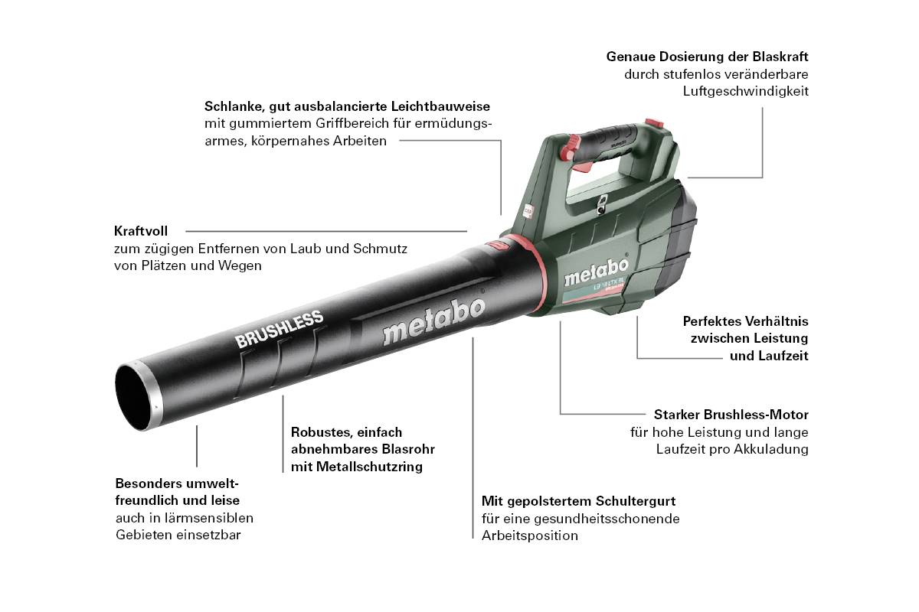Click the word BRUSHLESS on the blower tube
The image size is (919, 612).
tap(280, 329)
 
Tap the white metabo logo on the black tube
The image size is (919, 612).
tap(433, 321)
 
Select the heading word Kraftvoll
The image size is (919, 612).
tap(141, 230)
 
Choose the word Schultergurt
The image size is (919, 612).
tap(635, 501)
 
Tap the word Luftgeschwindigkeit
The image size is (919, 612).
tap(746, 91)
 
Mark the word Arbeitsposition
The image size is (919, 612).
tap(530, 535)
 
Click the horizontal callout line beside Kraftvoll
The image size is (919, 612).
tap(325, 230)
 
